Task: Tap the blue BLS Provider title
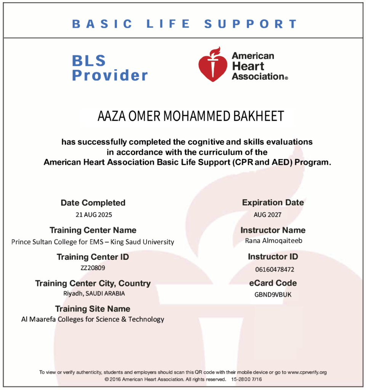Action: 110,68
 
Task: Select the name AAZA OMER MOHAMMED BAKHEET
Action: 191,116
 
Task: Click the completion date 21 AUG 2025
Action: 94,214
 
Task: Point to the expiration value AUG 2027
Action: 267,214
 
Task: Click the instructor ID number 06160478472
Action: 274,269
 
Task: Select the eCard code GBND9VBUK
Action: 273,294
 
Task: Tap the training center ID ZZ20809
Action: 93,267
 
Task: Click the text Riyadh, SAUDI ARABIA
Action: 94,294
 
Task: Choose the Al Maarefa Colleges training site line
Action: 93,319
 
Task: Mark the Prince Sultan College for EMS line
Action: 93,242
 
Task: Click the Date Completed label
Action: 93,203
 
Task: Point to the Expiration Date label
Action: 273,203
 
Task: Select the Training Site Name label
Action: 93,308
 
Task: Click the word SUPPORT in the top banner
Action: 251,24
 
